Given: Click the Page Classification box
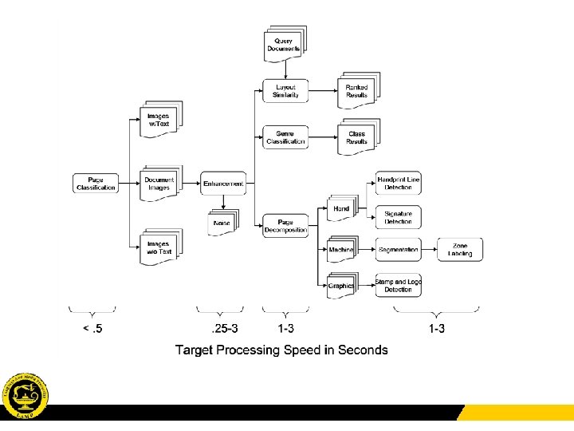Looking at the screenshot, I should click(x=96, y=184).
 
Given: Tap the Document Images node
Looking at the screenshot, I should click(x=160, y=184).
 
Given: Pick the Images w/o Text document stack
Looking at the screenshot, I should click(x=160, y=247).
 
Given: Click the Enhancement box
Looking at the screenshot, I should click(x=223, y=184).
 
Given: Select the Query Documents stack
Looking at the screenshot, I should click(x=285, y=45).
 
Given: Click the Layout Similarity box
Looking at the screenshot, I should click(x=285, y=91).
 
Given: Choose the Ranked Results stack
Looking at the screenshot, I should click(x=357, y=91).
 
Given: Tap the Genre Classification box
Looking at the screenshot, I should click(x=285, y=137).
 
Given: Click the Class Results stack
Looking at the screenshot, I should click(x=357, y=137).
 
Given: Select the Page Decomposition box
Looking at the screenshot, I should click(x=285, y=226).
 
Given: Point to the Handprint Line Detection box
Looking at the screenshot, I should click(x=398, y=184).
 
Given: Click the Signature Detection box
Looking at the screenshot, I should click(x=398, y=217).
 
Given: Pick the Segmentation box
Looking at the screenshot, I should click(x=398, y=250).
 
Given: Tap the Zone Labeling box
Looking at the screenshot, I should click(x=460, y=250).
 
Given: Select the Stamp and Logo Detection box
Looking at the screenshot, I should click(x=398, y=284).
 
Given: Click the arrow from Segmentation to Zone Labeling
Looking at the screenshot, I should click(x=429, y=250).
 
